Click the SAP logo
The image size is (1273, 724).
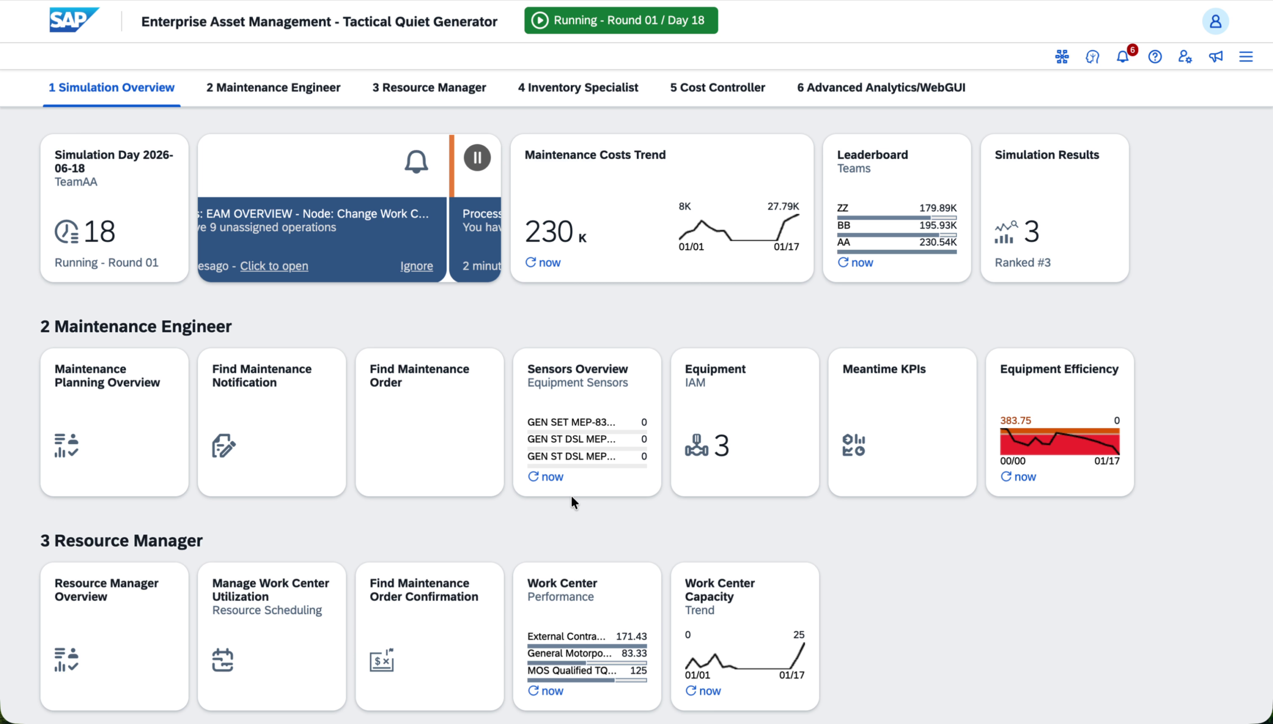coord(74,20)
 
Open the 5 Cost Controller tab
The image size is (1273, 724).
coord(718,88)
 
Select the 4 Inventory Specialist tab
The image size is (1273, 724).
coord(578,88)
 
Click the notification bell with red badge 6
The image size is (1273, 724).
coord(1123,57)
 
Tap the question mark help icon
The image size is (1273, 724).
coord(1155,57)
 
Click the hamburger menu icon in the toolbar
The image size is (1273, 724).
coord(1246,57)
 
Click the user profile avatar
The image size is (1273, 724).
coord(1215,21)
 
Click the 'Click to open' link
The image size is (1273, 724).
coord(274,266)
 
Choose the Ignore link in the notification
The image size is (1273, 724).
coord(417,266)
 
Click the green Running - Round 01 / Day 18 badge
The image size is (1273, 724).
coord(621,20)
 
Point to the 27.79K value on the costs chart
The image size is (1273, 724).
coord(783,206)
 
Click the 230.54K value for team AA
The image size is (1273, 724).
coord(938,242)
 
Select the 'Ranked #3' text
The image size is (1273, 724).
coord(1022,263)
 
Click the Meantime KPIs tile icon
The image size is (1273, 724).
coord(854,445)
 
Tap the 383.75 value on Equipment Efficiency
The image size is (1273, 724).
coord(1015,421)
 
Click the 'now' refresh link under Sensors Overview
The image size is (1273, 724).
coord(546,477)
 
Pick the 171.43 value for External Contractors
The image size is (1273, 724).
coord(632,636)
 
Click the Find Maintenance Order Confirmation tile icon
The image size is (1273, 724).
coord(382,660)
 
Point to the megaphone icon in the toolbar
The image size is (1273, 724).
coord(1215,57)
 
